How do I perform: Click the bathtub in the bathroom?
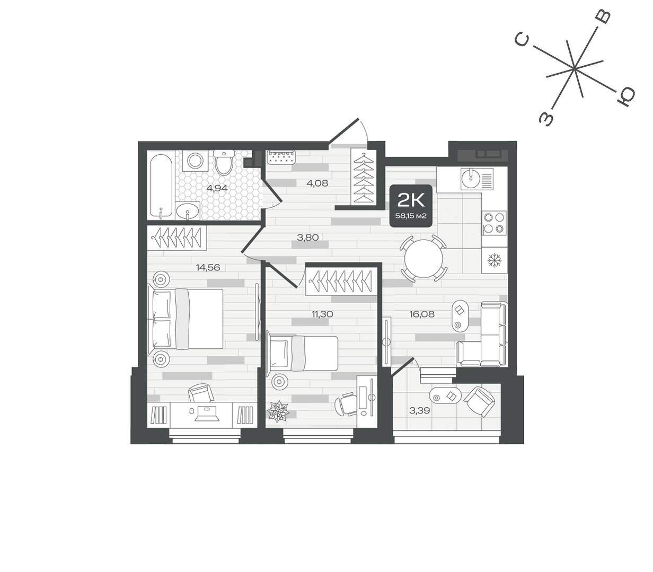tap(161, 187)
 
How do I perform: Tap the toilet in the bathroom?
tap(224, 162)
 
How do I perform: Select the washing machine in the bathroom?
tap(195, 161)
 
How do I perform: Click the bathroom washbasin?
tap(188, 210)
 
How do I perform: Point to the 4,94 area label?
tap(217, 188)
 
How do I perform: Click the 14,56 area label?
tap(208, 268)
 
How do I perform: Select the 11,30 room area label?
tap(322, 314)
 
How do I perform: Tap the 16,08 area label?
tap(422, 314)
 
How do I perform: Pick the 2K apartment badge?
tap(411, 206)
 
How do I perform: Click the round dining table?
tap(423, 259)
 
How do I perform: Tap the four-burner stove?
tap(494, 223)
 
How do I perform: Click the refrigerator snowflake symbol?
tap(495, 260)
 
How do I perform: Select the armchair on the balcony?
tap(479, 401)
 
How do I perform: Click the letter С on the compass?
tap(522, 40)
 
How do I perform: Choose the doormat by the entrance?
tap(281, 157)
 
